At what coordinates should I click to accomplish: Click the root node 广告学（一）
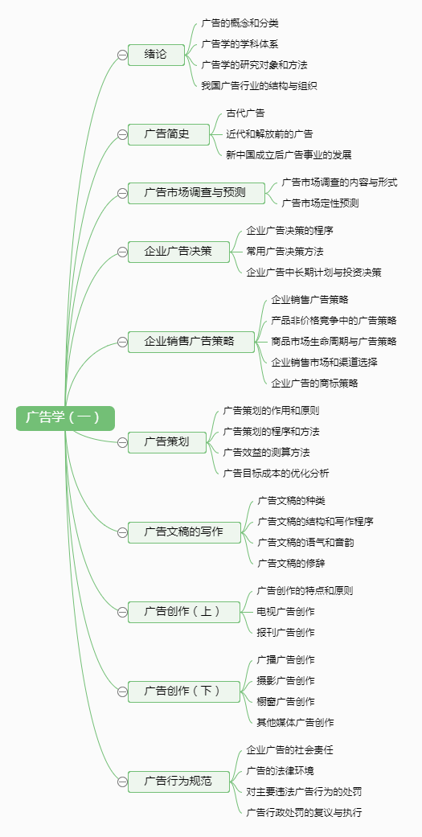pyautogui.click(x=65, y=418)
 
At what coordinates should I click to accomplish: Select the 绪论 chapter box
pyautogui.click(x=156, y=55)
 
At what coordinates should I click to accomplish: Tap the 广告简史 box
pyautogui.click(x=167, y=134)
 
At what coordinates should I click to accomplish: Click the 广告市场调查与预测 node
pyautogui.click(x=196, y=193)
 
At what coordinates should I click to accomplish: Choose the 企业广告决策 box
pyautogui.click(x=178, y=252)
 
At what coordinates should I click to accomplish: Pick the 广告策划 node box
pyautogui.click(x=167, y=442)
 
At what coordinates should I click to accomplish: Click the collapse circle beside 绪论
pyautogui.click(x=122, y=55)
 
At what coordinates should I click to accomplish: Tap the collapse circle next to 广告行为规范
pyautogui.click(x=122, y=782)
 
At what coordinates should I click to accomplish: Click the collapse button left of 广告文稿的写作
pyautogui.click(x=122, y=532)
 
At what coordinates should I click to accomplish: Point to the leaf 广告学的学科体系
pyautogui.click(x=240, y=44)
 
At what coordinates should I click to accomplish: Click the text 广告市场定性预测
pyautogui.click(x=320, y=203)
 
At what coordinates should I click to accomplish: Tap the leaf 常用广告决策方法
pyautogui.click(x=285, y=252)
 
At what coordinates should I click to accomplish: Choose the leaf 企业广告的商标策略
pyautogui.click(x=314, y=384)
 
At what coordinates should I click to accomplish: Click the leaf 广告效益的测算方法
pyautogui.click(x=266, y=453)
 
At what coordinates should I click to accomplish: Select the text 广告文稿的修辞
pyautogui.click(x=291, y=563)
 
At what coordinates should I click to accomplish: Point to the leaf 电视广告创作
pyautogui.click(x=286, y=611)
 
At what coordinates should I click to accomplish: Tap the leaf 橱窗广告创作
pyautogui.click(x=286, y=701)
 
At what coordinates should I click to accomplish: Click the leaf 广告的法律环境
pyautogui.click(x=280, y=771)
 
